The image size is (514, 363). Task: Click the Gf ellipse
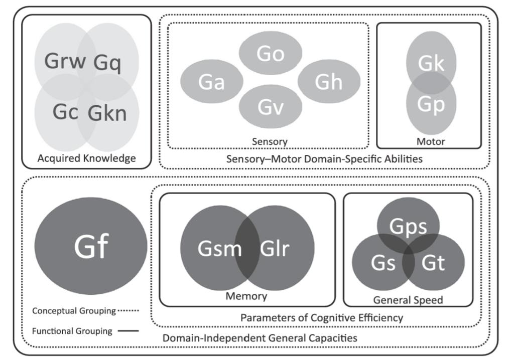(x=91, y=246)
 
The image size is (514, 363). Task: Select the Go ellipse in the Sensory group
(x=271, y=53)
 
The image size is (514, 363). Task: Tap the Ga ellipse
(x=212, y=82)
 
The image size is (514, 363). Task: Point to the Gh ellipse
(x=329, y=82)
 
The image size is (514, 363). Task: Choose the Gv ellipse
(x=271, y=107)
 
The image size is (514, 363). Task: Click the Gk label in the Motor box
(x=431, y=63)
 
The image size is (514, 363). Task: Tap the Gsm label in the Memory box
(x=220, y=249)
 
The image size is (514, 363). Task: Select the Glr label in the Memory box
(x=275, y=249)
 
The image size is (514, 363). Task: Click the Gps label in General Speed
(x=408, y=227)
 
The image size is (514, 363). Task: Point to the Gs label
(x=383, y=263)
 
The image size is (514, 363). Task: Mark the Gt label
(x=433, y=263)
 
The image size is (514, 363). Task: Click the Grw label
(x=65, y=61)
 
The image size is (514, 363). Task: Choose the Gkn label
(x=107, y=113)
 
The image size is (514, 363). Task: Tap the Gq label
(x=107, y=63)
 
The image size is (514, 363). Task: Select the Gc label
(x=65, y=112)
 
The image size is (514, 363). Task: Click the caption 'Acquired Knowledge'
(x=86, y=158)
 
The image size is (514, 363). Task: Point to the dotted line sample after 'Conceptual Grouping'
(x=128, y=310)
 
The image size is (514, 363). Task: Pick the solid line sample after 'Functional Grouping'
(x=128, y=331)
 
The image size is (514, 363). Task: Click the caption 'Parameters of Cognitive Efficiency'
(x=322, y=318)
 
